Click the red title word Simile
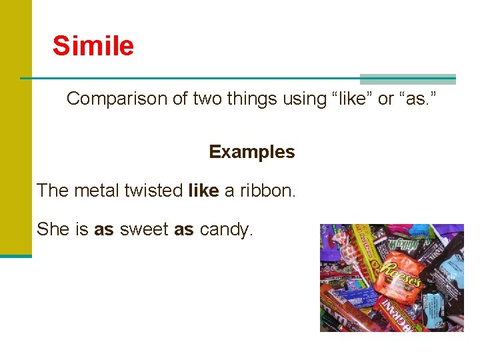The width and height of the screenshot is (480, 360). coord(93,46)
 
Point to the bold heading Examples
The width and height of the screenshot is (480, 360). coord(251,152)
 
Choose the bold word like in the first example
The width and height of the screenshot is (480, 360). coord(203,191)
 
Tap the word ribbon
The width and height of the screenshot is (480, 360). coord(267,191)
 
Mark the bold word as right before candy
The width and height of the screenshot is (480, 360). coord(184,229)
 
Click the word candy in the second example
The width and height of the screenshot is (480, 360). coord(226,229)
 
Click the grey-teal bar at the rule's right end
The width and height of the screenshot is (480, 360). coord(407,79)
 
